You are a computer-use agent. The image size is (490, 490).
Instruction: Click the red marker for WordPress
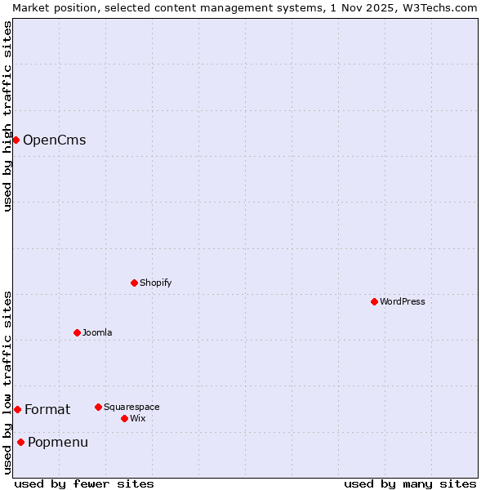coord(374,302)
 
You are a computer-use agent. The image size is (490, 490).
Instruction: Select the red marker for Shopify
coord(134,283)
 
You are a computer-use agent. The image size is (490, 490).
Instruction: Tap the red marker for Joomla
coord(77,332)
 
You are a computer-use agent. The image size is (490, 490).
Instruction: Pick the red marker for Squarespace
coord(98,407)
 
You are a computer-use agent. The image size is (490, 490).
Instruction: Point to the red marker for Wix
coord(124,418)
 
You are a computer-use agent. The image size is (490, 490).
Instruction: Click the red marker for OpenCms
coord(16,140)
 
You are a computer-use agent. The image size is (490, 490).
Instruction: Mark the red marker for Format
coord(17,409)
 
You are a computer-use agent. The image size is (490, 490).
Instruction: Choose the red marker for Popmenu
coord(20,443)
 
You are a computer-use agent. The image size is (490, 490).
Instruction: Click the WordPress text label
coord(403,302)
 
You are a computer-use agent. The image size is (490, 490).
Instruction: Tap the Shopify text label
coord(155,283)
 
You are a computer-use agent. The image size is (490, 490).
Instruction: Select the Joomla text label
coord(97,332)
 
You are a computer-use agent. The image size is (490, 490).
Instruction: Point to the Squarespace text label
coord(131,407)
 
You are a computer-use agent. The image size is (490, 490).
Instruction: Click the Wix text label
coord(137,418)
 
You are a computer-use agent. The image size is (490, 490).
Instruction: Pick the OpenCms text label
coord(54,140)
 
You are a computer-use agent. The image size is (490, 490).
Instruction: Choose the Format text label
coord(47,410)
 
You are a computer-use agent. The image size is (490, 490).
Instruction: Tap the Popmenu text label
coord(58,443)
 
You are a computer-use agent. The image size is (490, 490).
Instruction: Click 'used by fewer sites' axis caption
coord(84,483)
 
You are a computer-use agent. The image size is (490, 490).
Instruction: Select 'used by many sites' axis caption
coord(410,483)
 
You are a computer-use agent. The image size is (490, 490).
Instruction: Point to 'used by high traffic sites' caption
coord(7,116)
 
